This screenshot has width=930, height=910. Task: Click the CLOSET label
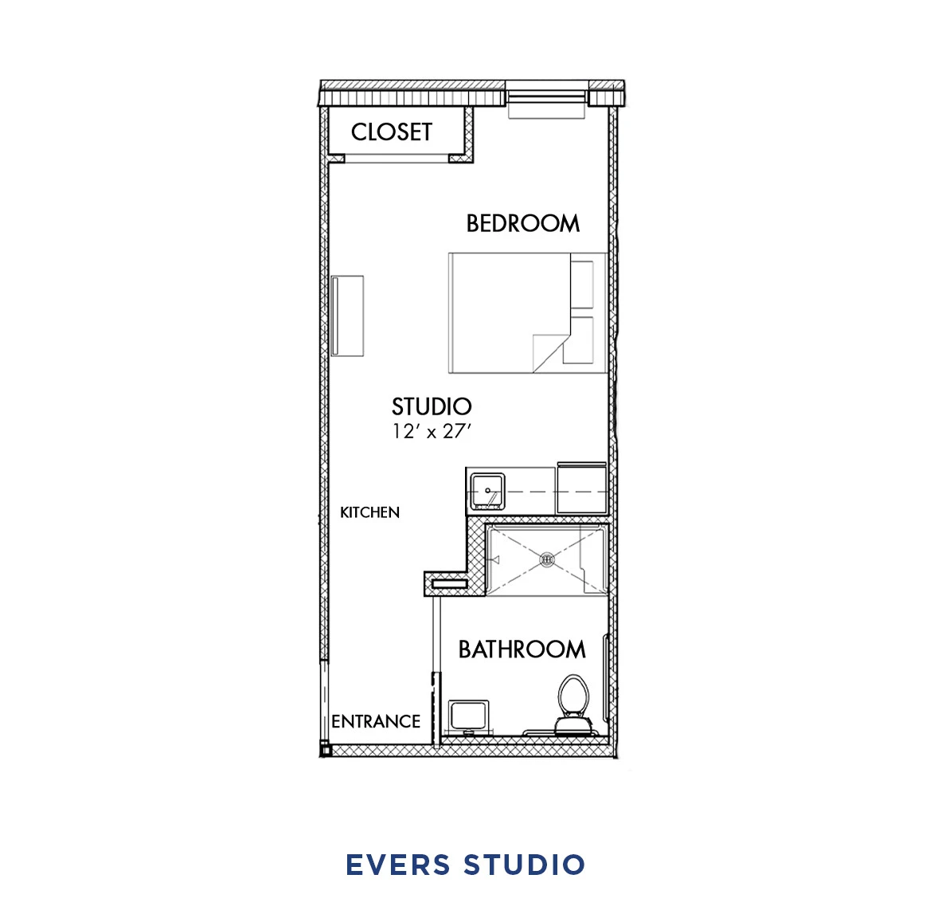[x=391, y=131]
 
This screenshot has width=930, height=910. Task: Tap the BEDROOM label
[x=522, y=223]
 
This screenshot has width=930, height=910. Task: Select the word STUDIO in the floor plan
[x=432, y=406]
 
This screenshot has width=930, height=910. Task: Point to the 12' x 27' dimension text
[x=432, y=431]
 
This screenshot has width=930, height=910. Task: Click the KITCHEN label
[x=369, y=512]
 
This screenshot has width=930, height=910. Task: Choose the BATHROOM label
[x=522, y=649]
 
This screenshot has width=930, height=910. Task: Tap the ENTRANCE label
[x=376, y=721]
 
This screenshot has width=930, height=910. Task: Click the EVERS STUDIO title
[x=465, y=865]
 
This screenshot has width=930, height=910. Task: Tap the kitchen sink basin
[x=486, y=490]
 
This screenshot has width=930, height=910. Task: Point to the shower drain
[x=547, y=559]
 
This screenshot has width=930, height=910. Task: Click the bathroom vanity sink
[x=469, y=716]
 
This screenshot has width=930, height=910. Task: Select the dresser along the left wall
[x=348, y=316]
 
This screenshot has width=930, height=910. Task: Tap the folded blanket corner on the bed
[x=549, y=351]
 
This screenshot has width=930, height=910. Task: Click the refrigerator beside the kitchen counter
[x=582, y=488]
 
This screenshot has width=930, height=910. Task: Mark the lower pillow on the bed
[x=582, y=340]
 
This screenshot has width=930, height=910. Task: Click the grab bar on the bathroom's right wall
[x=607, y=677]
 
